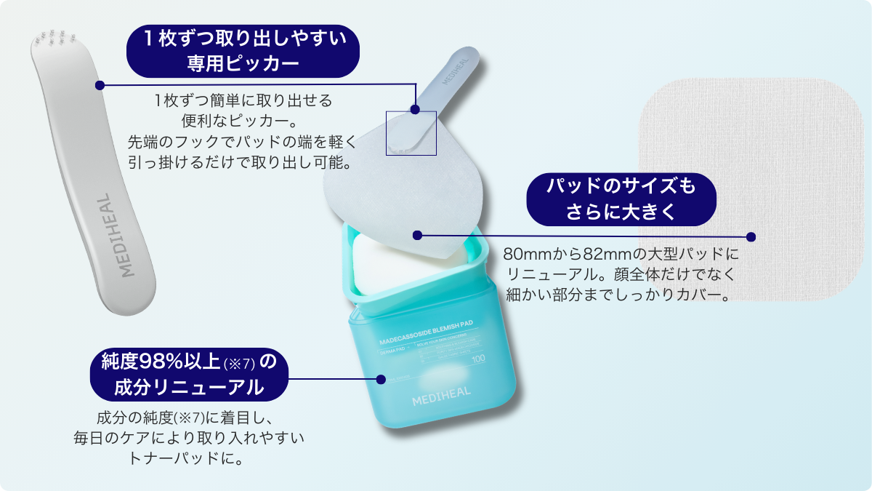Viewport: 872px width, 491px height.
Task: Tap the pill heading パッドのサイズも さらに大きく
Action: (x=621, y=199)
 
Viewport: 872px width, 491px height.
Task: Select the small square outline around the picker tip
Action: (x=411, y=133)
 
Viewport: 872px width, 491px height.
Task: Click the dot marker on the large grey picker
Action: (x=99, y=85)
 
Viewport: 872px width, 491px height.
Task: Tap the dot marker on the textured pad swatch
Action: (x=751, y=236)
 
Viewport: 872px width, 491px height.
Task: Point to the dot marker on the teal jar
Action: (x=380, y=379)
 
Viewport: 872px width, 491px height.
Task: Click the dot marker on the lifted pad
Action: (x=417, y=235)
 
